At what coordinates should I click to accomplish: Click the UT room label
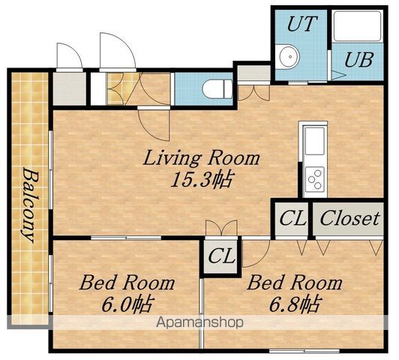pos(302,24)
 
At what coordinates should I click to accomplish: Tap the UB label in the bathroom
pos(359,60)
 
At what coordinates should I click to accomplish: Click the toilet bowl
pos(217,88)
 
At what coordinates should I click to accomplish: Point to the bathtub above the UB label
pos(358,26)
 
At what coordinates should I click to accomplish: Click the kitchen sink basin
pos(314,141)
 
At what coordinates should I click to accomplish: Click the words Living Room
pos(201,158)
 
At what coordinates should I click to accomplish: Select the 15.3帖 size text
pos(201,179)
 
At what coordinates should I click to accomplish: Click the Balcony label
pos(30,205)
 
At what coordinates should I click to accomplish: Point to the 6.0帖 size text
pos(127,304)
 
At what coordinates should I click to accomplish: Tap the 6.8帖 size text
pos(295,304)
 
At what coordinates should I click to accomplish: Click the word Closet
pos(349,218)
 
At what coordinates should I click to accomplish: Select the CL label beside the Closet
pos(292,218)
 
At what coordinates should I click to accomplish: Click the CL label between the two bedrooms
pos(221,256)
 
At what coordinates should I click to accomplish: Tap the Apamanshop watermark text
pos(199,322)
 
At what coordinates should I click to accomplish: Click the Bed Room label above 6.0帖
pos(127,283)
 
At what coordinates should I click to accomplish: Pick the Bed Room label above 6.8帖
pos(295,283)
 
